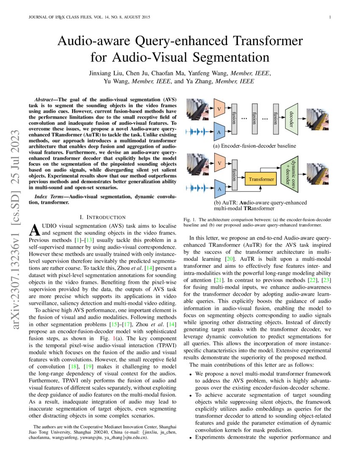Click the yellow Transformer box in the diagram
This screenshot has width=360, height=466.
261,179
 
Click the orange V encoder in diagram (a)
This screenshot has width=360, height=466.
219,108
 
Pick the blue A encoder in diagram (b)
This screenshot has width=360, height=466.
219,189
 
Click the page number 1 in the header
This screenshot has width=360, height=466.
330,17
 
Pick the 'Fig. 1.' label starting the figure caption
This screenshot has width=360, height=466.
189,220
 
